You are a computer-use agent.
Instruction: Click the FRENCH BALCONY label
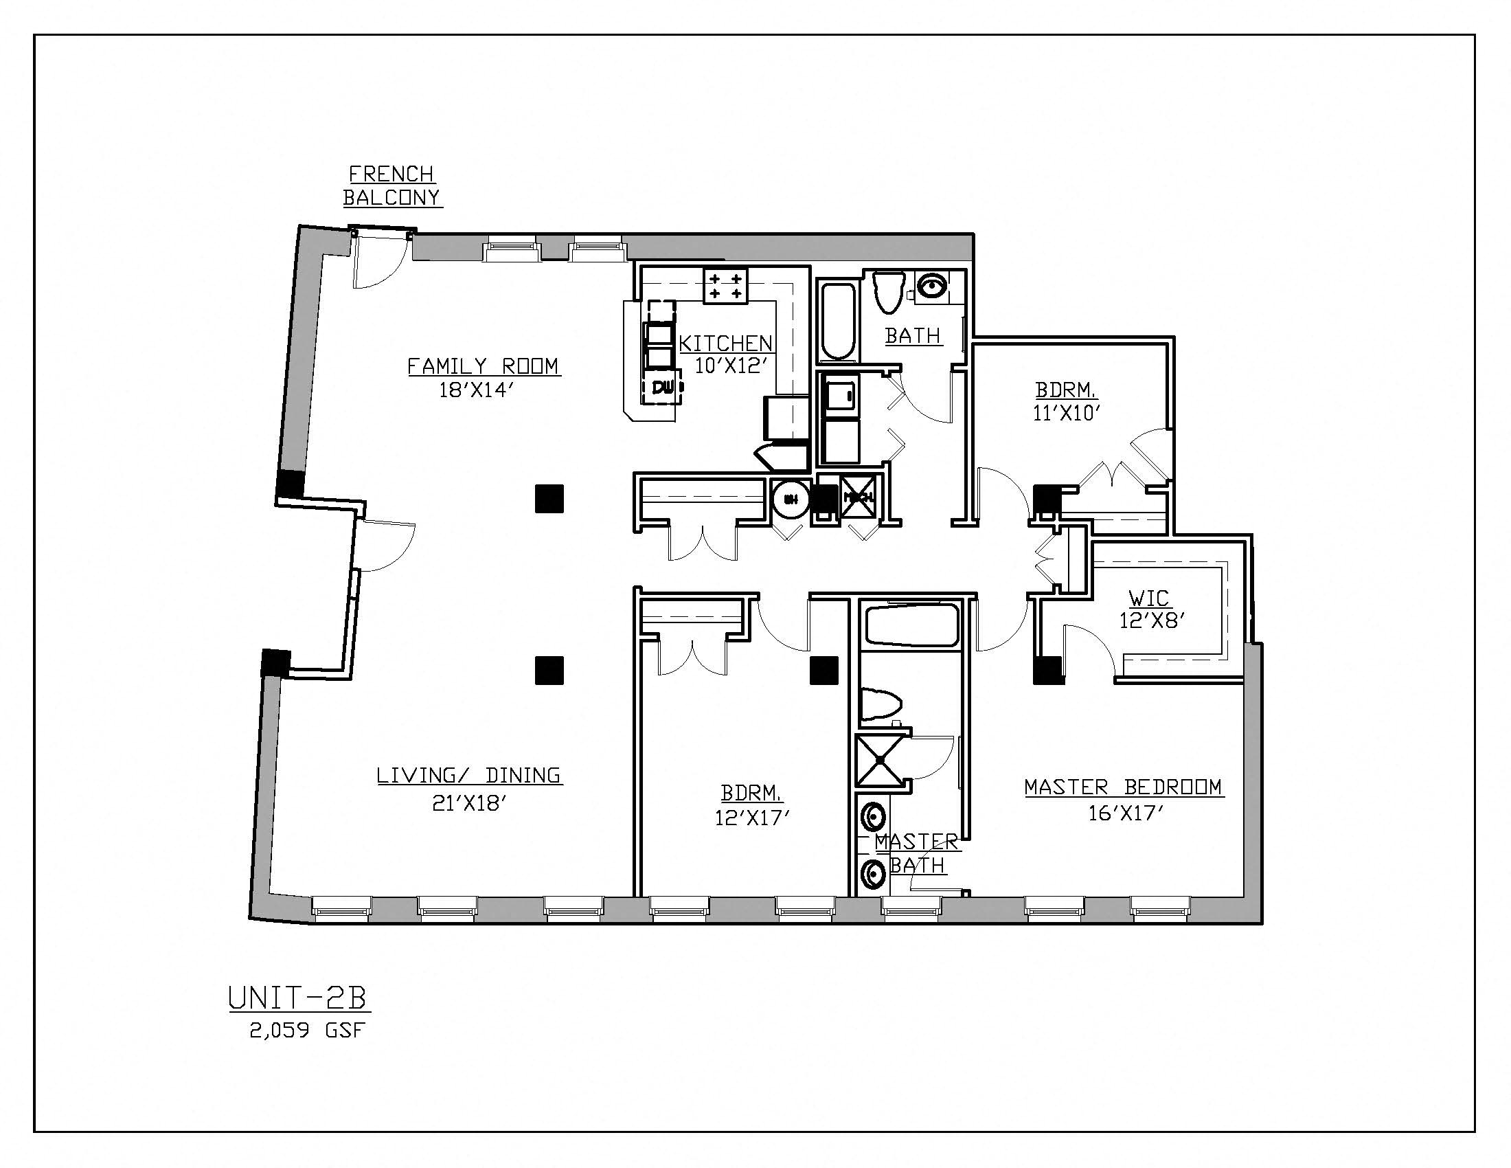[392, 186]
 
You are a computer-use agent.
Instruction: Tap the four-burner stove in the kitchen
[726, 286]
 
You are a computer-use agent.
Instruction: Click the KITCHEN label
[725, 344]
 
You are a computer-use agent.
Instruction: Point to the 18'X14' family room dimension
[477, 390]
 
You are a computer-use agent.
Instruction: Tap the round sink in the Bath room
[933, 286]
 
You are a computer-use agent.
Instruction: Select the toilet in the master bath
[880, 704]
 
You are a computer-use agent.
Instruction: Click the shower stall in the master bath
[879, 760]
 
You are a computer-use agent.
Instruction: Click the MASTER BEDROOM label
[1123, 787]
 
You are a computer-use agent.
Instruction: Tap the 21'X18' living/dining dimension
[470, 803]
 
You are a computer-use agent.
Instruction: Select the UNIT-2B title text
[297, 998]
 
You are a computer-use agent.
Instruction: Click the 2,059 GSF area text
[306, 1031]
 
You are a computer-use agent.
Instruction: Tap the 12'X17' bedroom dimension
[752, 818]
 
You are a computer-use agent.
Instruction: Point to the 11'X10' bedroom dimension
[1066, 413]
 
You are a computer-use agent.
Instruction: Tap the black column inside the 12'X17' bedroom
[824, 670]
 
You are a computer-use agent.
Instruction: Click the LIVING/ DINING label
[469, 775]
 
